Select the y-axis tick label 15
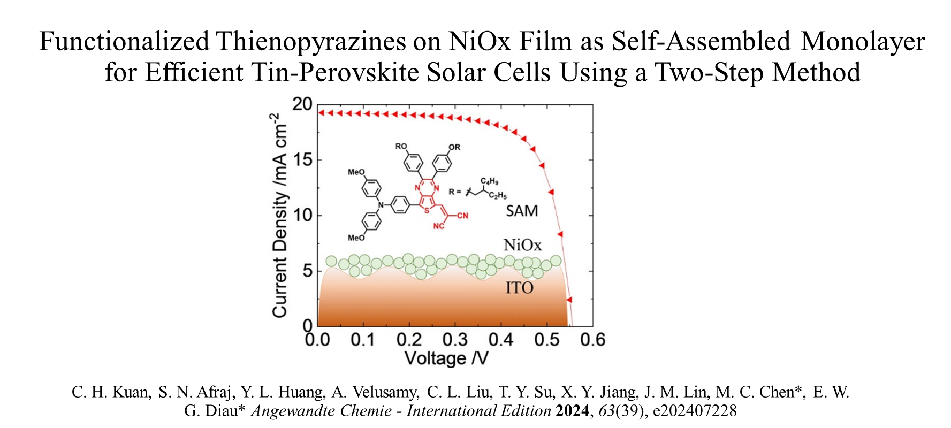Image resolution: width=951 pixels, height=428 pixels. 303,160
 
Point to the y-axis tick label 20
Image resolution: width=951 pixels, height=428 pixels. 302,104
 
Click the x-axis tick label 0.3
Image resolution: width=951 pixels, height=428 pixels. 455,340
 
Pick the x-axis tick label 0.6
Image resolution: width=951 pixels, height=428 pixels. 593,340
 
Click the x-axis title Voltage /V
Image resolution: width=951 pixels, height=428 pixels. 446,358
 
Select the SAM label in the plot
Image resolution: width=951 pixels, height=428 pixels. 522,211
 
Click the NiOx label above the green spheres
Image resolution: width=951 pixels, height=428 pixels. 522,246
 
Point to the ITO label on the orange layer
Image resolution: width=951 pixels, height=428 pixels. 519,288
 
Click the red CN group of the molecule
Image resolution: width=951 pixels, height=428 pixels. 462,216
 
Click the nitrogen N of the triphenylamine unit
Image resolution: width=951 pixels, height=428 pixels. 381,204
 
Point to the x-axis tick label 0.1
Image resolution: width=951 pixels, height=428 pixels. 363,340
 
